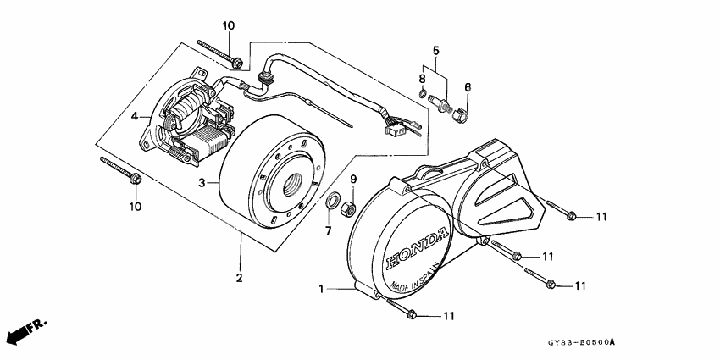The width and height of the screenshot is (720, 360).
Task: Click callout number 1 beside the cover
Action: click(322, 290)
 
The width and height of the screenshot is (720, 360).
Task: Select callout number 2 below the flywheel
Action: click(239, 278)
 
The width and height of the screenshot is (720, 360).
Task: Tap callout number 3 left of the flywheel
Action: click(202, 182)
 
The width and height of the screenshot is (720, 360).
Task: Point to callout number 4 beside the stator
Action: click(135, 116)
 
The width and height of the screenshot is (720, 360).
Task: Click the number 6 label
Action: click(467, 86)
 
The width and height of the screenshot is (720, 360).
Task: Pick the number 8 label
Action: click(422, 79)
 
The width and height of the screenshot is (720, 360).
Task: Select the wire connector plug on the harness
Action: click(394, 130)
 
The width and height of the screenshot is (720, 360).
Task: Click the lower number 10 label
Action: click(136, 206)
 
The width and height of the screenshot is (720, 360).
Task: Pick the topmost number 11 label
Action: click(601, 217)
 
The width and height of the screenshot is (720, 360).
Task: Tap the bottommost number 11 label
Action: click(449, 316)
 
